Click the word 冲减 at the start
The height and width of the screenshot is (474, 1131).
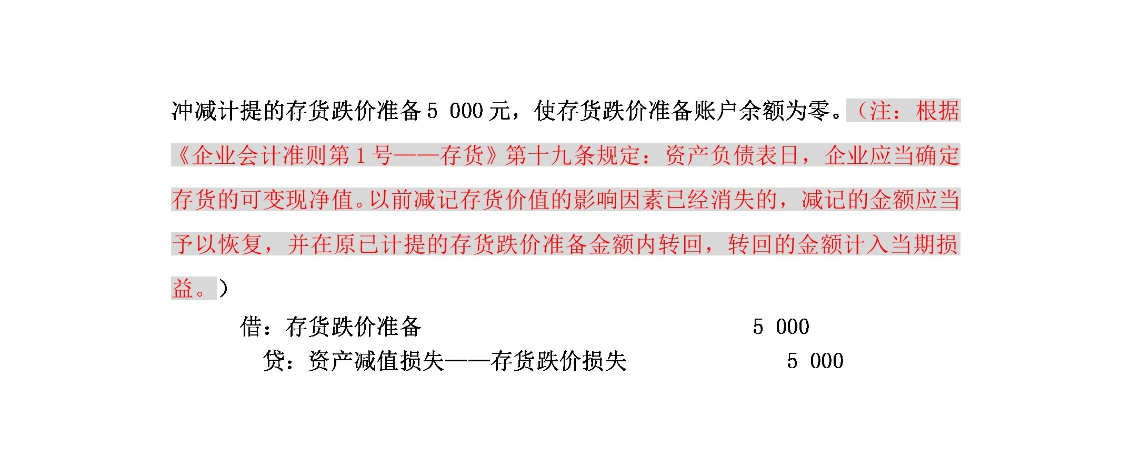pyautogui.click(x=194, y=111)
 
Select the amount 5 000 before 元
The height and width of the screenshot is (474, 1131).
pyautogui.click(x=455, y=111)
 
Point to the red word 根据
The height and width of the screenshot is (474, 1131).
pyautogui.click(x=937, y=111)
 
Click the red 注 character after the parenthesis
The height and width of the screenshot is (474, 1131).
pyautogui.click(x=880, y=111)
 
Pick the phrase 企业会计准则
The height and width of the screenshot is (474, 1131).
pyautogui.click(x=261, y=156)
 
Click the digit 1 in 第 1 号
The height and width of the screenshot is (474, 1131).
pyautogui.click(x=361, y=156)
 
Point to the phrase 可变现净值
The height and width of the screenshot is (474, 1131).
pyautogui.click(x=296, y=200)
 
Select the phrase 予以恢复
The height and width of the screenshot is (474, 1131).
pyautogui.click(x=217, y=245)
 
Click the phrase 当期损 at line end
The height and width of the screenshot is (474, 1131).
pyautogui.click(x=924, y=245)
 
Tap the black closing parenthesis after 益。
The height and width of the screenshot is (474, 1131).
pyautogui.click(x=223, y=289)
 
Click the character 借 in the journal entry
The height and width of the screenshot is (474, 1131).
pyautogui.click(x=251, y=327)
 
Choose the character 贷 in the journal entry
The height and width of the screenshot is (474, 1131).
pyautogui.click(x=274, y=361)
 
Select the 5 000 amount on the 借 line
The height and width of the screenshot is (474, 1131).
pyautogui.click(x=781, y=327)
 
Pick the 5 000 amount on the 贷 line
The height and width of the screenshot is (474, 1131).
pyautogui.click(x=815, y=361)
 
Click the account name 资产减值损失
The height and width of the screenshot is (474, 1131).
pyautogui.click(x=377, y=361)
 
